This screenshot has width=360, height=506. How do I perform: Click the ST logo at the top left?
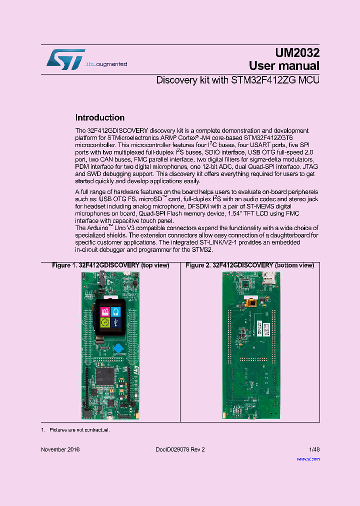tap(65, 59)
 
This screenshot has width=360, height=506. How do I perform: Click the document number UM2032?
tap(297, 53)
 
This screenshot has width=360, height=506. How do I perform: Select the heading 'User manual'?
tap(284, 66)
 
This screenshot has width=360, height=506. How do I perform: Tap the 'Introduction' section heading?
tap(99, 118)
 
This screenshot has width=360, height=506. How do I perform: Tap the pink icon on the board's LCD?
tap(105, 311)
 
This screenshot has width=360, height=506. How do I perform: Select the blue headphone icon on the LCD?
tap(116, 311)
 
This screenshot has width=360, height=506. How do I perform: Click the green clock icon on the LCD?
tap(105, 322)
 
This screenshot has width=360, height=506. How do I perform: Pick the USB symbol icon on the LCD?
tap(116, 322)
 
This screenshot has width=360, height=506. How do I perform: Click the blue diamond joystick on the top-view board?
tap(118, 348)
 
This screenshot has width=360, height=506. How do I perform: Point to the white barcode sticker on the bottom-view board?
tap(267, 329)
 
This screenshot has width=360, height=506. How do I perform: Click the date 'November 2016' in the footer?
tap(60, 449)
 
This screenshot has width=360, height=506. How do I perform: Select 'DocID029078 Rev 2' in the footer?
tap(176, 449)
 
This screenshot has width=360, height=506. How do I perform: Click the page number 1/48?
tap(313, 449)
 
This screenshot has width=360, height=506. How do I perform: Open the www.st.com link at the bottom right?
tap(308, 458)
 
